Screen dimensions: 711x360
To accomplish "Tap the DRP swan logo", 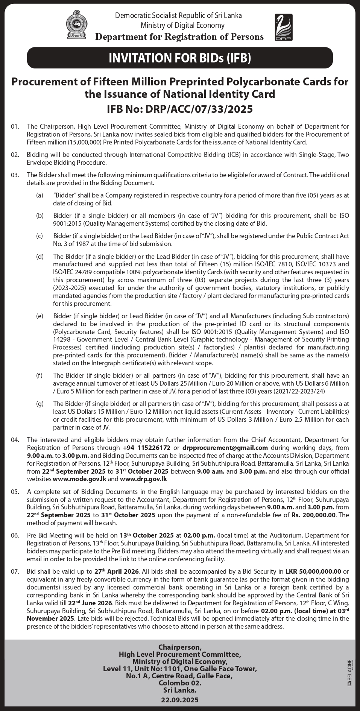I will pyautogui.click(x=283, y=27).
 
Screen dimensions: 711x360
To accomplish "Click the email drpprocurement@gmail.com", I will pyautogui.click(x=225, y=448).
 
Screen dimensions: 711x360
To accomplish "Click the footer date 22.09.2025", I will pyautogui.click(x=180, y=700).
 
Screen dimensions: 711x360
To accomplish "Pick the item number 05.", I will pyautogui.click(x=15, y=492).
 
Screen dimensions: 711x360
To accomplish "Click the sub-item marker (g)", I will pyautogui.click(x=39, y=404).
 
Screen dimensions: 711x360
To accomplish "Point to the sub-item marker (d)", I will pyautogui.click(x=39, y=257).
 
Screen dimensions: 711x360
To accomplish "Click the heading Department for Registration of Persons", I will pyautogui.click(x=179, y=36).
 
